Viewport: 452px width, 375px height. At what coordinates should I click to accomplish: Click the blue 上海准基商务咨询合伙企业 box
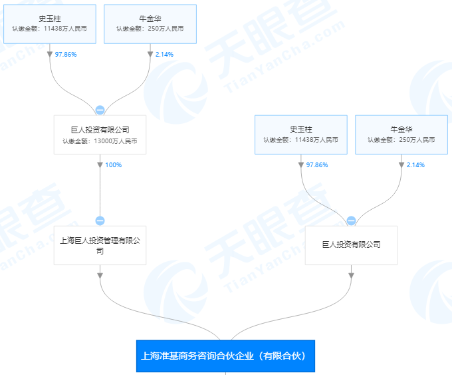click(225, 356)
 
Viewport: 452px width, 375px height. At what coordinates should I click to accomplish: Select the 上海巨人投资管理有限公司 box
click(100, 246)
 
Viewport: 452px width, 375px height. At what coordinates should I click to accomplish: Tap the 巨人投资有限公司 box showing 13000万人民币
click(100, 135)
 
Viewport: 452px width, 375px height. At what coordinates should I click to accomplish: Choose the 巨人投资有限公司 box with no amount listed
click(351, 245)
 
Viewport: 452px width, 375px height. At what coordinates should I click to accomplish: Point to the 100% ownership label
click(114, 165)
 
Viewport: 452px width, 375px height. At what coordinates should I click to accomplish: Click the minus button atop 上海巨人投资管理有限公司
click(100, 221)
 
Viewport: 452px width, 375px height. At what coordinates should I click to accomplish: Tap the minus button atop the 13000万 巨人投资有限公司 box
click(100, 111)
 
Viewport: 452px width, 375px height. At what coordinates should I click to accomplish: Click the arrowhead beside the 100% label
click(100, 165)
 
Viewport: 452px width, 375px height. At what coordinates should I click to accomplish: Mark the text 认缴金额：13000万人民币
click(100, 141)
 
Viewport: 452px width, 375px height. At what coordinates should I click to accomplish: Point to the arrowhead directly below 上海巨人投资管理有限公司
click(100, 274)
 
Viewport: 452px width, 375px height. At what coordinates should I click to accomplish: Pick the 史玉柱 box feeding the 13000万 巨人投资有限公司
click(50, 23)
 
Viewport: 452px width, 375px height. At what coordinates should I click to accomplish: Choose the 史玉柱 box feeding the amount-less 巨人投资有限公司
click(300, 135)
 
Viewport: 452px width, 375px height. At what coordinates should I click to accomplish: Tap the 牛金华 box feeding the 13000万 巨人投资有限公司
click(150, 23)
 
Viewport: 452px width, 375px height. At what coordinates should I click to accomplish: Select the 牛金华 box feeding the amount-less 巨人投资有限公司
click(401, 135)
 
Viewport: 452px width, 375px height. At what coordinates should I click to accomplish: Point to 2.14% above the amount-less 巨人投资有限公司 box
click(415, 165)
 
